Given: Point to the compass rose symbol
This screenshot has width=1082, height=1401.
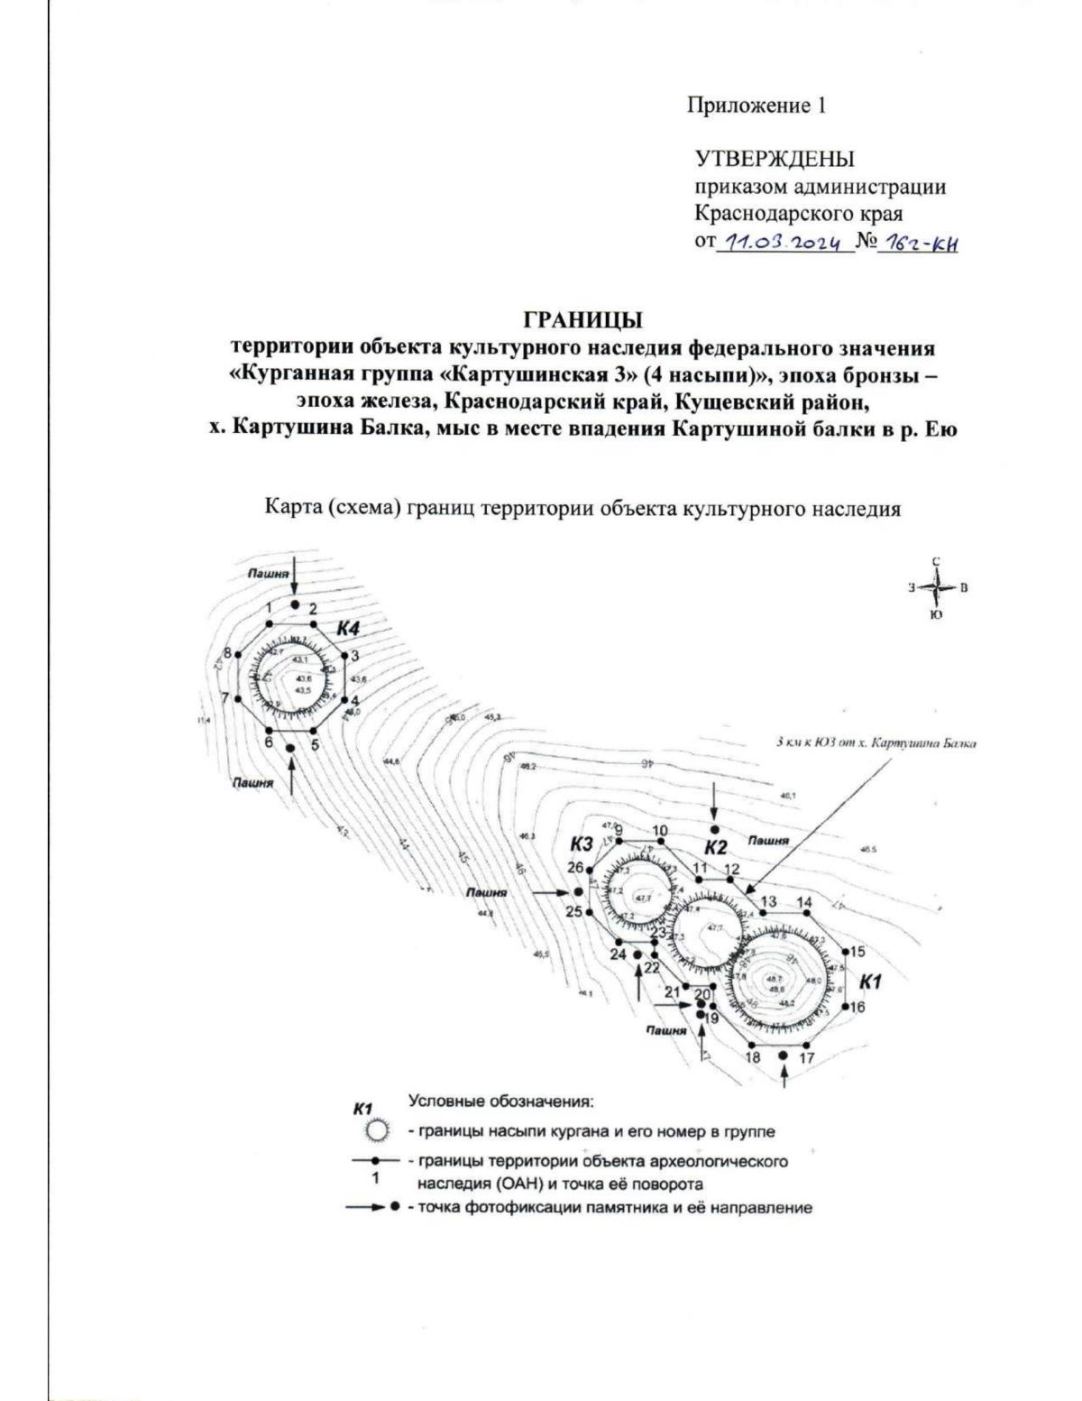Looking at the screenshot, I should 938,588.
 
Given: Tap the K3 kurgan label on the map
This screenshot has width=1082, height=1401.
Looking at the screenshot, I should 582,845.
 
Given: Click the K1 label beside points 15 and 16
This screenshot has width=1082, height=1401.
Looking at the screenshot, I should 870,980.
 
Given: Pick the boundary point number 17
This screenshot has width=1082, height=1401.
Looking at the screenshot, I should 807,1057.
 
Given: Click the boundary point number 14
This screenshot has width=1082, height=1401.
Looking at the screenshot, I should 804,902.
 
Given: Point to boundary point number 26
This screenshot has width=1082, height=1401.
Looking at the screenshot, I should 575,868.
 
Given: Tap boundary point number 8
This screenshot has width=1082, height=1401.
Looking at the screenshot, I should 228,653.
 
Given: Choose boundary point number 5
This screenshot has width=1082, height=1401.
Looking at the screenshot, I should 316,745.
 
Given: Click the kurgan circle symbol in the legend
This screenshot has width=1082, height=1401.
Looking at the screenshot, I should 377,1131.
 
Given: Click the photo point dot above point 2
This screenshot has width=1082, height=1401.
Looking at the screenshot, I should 294,604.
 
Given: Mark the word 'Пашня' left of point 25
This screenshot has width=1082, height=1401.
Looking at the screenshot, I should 486,892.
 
